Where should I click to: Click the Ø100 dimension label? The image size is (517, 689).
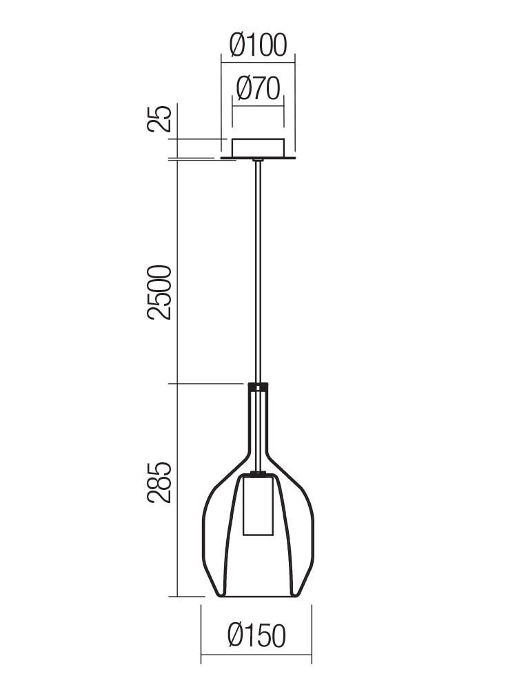[258, 45]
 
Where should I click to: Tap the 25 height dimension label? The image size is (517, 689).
[159, 119]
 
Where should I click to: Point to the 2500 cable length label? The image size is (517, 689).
[159, 292]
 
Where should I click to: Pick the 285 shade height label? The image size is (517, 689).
[159, 482]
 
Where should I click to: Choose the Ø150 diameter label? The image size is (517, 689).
[256, 635]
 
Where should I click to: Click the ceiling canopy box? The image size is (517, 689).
[258, 147]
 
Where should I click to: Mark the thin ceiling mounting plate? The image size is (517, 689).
[258, 157]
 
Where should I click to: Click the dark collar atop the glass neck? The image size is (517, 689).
[258, 387]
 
